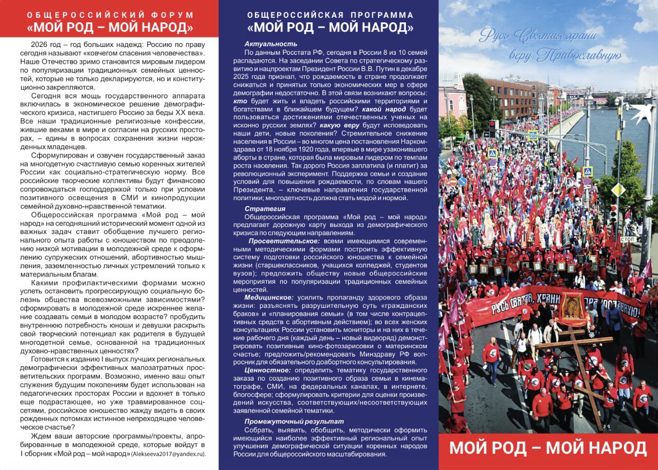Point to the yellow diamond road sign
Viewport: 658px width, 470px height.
617,190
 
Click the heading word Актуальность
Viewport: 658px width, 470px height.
271,44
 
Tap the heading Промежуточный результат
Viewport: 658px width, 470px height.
294,421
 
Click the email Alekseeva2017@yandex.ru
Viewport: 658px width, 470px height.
168,454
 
